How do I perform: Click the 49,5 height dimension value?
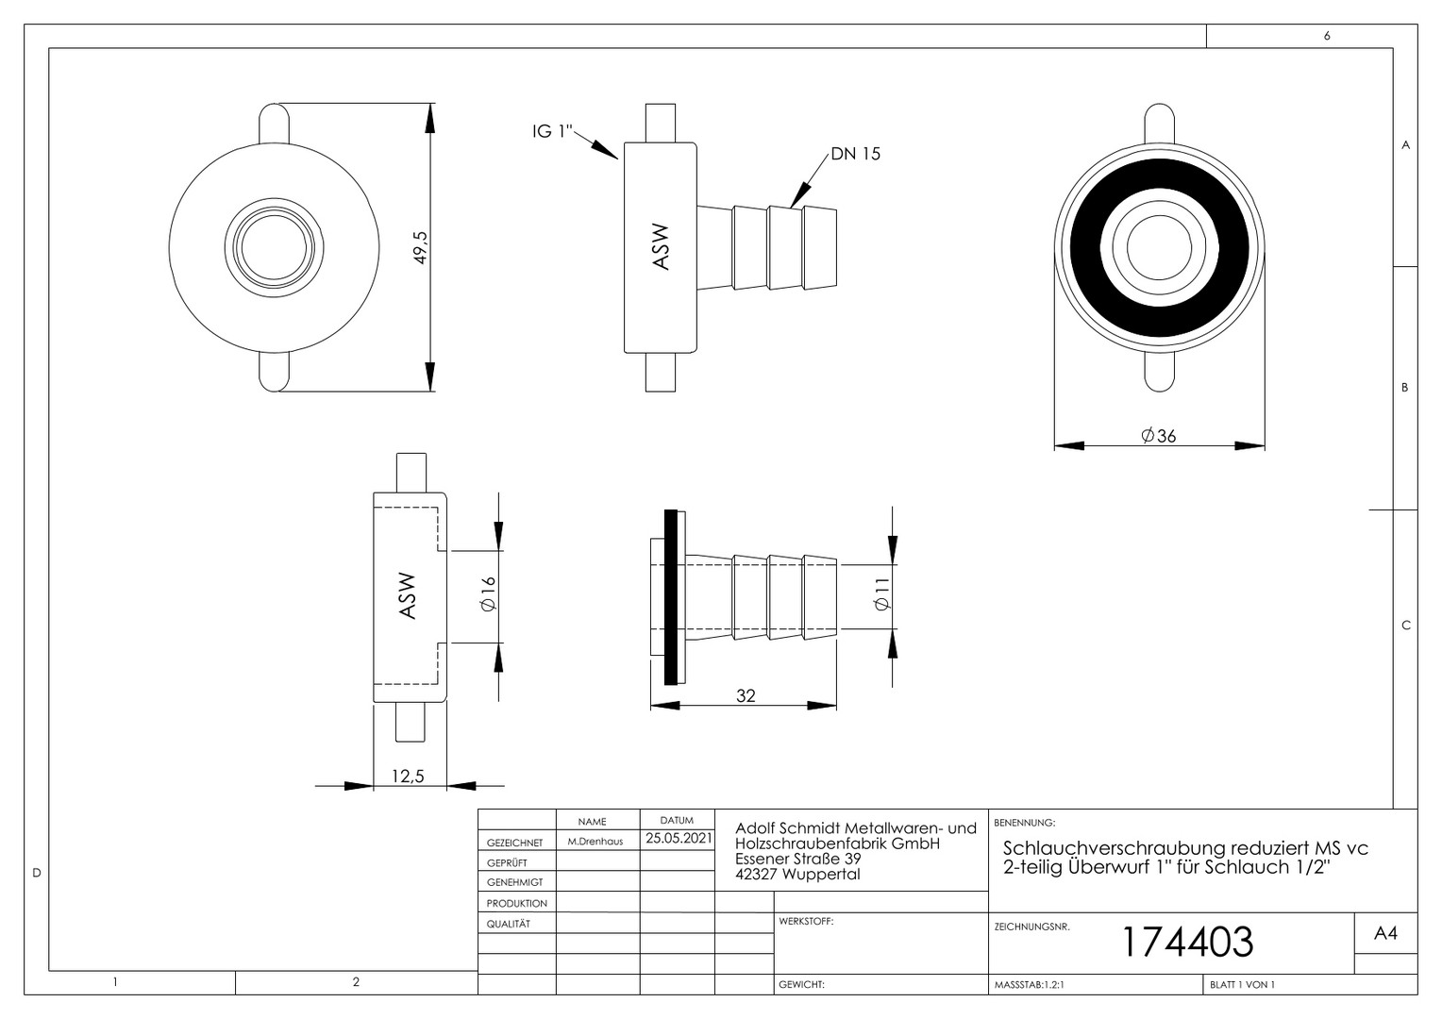420,247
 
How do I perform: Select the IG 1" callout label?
552,131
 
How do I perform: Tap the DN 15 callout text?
856,154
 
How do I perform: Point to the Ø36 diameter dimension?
1159,436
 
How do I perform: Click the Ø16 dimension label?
488,593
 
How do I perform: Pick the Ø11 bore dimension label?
882,593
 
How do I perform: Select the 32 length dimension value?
746,696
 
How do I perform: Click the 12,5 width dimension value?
408,777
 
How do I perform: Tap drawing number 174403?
1188,942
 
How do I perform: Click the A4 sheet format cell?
1385,933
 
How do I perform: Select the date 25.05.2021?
679,838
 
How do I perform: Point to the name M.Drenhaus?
595,842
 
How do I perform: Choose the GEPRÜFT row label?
507,862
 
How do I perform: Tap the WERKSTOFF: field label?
806,921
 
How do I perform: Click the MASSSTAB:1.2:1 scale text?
1030,984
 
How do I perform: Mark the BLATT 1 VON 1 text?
1242,984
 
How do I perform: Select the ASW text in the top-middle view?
661,247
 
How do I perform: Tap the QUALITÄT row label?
508,924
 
